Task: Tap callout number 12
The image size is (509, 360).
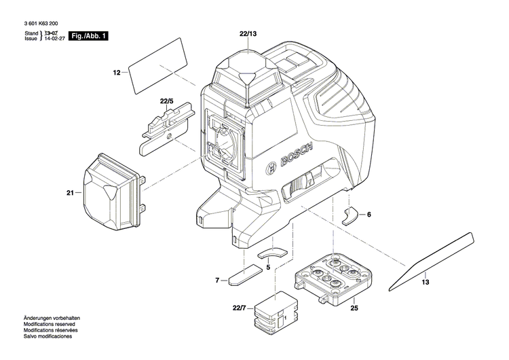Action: click(116, 72)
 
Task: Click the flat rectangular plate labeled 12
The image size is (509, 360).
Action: click(157, 67)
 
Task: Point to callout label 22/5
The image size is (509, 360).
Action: click(167, 101)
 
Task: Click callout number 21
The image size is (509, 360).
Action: click(69, 193)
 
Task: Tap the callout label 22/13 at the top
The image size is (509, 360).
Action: click(248, 33)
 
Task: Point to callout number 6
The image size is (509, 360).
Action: click(369, 215)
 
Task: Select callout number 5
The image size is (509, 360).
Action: click(268, 268)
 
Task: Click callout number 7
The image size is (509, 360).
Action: click(217, 280)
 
